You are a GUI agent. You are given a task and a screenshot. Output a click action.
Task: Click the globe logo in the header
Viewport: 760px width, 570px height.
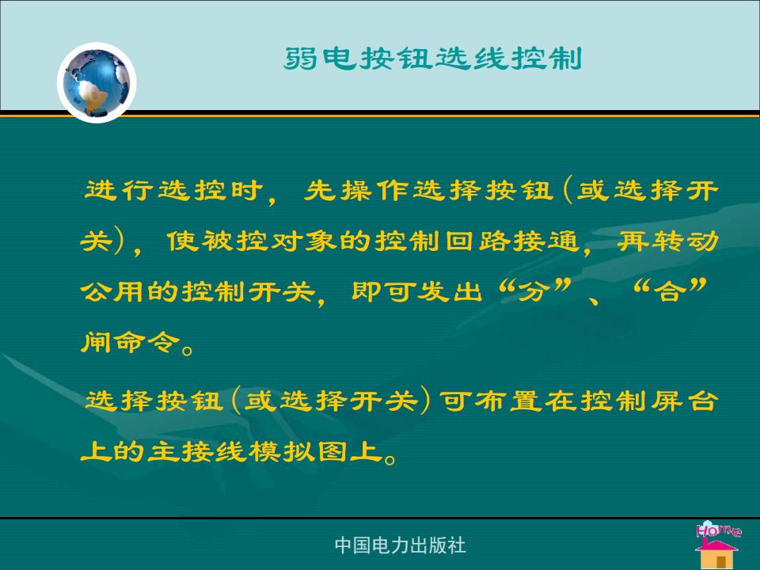click(97, 82)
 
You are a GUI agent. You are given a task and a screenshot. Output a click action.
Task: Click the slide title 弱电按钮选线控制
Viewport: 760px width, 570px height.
click(433, 59)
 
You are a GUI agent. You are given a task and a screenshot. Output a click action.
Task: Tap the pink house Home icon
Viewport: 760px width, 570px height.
click(718, 545)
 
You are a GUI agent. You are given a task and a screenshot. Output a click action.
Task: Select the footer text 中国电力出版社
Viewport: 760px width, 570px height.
click(401, 545)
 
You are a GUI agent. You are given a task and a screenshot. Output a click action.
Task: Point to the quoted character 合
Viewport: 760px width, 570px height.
click(670, 291)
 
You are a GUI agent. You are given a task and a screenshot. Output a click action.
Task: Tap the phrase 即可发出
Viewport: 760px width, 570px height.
click(417, 291)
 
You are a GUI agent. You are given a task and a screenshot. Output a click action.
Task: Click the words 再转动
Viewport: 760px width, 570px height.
click(668, 241)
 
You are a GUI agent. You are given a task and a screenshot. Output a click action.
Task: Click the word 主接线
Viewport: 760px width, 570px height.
click(197, 451)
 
